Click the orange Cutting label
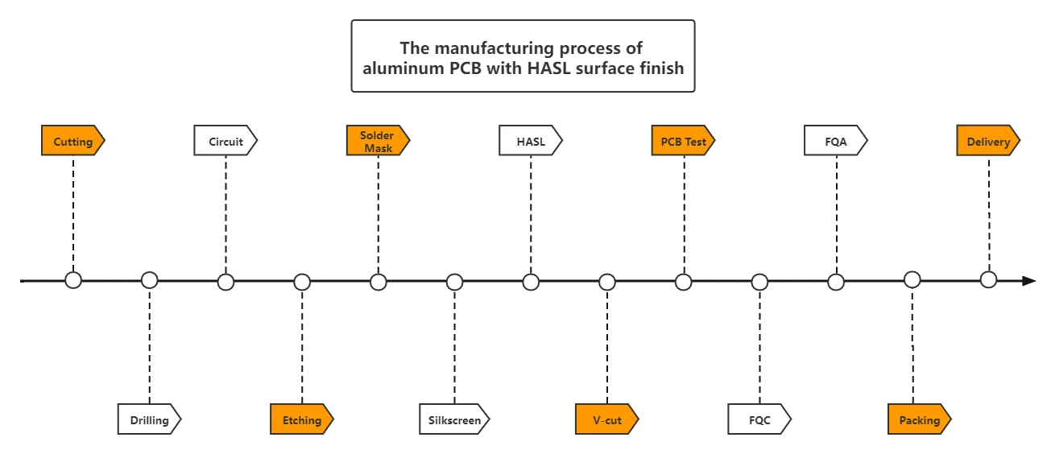click(72, 142)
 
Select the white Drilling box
click(149, 420)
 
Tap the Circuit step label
click(226, 142)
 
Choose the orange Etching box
click(301, 420)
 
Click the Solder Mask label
click(378, 142)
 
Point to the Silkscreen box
click(454, 420)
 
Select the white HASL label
click(530, 142)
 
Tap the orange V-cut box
click(606, 420)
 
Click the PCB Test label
click(683, 142)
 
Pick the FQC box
click(759, 420)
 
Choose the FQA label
click(835, 142)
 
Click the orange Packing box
click(919, 420)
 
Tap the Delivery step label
click(988, 142)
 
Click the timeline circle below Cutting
click(73, 280)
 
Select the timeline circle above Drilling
click(149, 280)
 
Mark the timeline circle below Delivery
click(988, 280)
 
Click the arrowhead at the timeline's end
click(1026, 280)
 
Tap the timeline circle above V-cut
click(607, 282)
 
